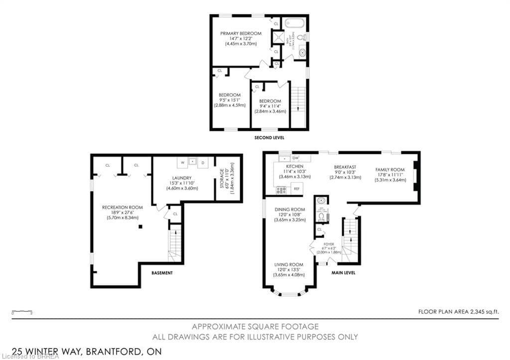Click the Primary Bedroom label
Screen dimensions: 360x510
click(x=241, y=38)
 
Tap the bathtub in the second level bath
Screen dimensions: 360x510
click(x=294, y=23)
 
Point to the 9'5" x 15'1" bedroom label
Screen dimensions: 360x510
click(x=230, y=100)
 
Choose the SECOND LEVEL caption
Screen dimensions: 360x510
click(x=269, y=137)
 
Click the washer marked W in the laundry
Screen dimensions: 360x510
click(x=182, y=163)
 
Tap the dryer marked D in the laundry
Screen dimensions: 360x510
click(x=203, y=163)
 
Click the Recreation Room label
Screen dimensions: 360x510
click(x=122, y=212)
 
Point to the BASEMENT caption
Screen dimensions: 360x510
click(x=162, y=273)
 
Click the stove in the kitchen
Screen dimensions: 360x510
click(x=281, y=189)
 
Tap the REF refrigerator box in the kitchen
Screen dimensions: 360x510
click(x=296, y=189)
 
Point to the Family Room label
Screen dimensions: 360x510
click(x=390, y=174)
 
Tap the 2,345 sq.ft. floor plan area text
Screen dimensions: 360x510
click(x=458, y=311)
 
